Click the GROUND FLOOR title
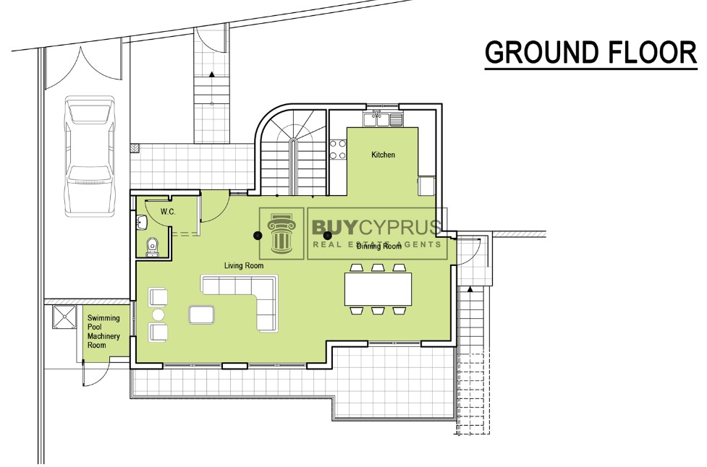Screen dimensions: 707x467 pos(590,52)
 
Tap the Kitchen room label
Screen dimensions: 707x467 pos(383,155)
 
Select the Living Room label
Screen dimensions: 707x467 pos(244,266)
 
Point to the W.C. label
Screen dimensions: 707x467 pos(168,212)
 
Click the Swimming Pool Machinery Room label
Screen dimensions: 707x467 pos(103,331)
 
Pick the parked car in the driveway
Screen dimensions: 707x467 pos(89,155)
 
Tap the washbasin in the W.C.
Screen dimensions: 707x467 pos(142,222)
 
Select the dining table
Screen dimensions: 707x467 pos(378,288)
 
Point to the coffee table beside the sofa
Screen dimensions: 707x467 pos(202,314)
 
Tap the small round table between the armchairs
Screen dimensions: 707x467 pos(158,314)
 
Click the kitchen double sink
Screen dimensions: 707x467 pos(383,119)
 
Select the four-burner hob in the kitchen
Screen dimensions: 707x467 pos(338,150)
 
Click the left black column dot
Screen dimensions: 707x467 pos(258,235)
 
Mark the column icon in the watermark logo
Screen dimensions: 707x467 pos(281,233)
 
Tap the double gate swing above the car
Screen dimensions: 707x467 pos(83,69)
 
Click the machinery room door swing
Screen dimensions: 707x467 pos(95,372)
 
